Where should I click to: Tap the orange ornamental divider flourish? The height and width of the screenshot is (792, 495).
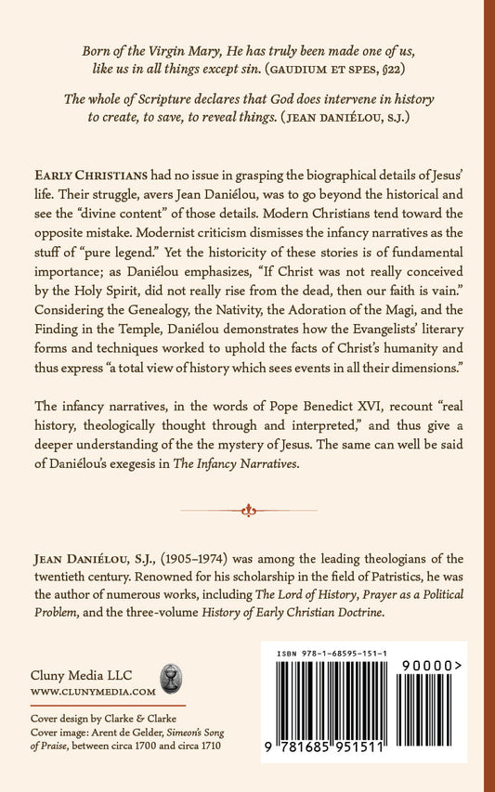pos(247,509)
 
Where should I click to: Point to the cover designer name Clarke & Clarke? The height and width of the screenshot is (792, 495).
pos(142,719)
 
